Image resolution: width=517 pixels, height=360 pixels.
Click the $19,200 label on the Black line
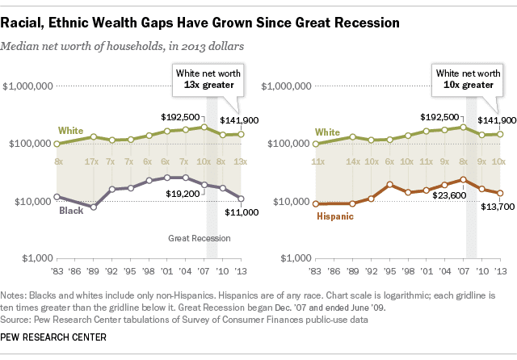click(x=183, y=194)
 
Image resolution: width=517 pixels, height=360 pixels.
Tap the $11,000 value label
click(x=242, y=212)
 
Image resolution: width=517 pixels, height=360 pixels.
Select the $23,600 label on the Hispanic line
click(x=449, y=195)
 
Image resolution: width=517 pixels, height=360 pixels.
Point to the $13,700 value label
click(x=498, y=207)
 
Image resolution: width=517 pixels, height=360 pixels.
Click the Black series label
click(x=71, y=211)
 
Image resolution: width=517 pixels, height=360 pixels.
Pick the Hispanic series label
click(x=335, y=216)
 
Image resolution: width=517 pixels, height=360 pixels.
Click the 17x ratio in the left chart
click(x=91, y=161)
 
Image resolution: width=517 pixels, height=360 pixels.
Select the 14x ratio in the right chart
click(x=352, y=161)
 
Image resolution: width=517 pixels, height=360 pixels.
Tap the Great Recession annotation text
click(x=200, y=238)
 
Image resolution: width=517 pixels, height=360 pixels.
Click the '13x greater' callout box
click(x=208, y=79)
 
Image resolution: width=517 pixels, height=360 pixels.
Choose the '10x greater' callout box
click(x=468, y=79)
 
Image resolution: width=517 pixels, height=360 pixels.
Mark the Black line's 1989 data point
click(x=94, y=207)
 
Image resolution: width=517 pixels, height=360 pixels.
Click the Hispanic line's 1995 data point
click(x=390, y=185)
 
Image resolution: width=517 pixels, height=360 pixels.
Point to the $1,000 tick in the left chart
click(x=37, y=258)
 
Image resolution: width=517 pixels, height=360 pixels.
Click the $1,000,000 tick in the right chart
click(x=286, y=86)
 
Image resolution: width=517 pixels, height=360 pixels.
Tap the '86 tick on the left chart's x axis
click(x=75, y=271)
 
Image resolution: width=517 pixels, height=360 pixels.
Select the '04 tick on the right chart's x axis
click(x=445, y=271)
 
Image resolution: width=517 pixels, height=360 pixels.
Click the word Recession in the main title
click(x=367, y=23)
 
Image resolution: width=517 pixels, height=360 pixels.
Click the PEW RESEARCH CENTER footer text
click(x=53, y=337)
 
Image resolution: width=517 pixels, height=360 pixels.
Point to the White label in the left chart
click(x=70, y=131)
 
